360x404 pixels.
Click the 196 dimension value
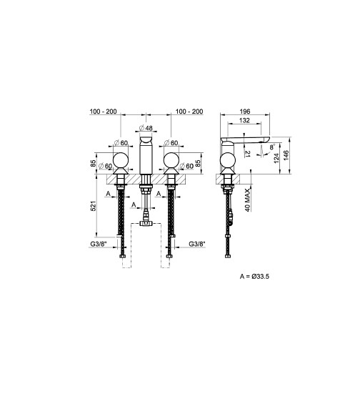(245, 112)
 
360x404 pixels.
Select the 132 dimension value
(244, 120)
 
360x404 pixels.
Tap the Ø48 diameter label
(146, 128)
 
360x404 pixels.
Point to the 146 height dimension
(286, 156)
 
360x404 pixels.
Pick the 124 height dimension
(276, 158)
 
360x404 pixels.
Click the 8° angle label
(272, 147)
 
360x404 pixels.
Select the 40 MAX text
(248, 200)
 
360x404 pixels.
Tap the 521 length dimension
(93, 206)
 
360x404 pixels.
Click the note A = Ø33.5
(254, 277)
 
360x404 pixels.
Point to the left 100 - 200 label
(103, 112)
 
